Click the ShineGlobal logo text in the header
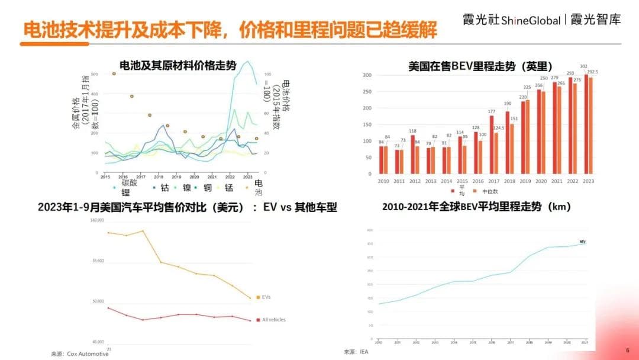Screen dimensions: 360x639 tap(531, 20)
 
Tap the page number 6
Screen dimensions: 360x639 tap(627, 351)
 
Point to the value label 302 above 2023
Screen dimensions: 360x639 tap(583, 66)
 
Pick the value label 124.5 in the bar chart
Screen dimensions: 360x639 tap(498, 127)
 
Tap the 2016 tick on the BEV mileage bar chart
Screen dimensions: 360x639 tap(477, 181)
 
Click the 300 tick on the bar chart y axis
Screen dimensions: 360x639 tap(367, 76)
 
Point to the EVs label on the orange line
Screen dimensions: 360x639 tap(266, 297)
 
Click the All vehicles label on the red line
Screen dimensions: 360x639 tap(273, 320)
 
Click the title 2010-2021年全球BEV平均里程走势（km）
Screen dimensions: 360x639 tap(476, 207)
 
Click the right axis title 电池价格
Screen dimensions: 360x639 tap(286, 94)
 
